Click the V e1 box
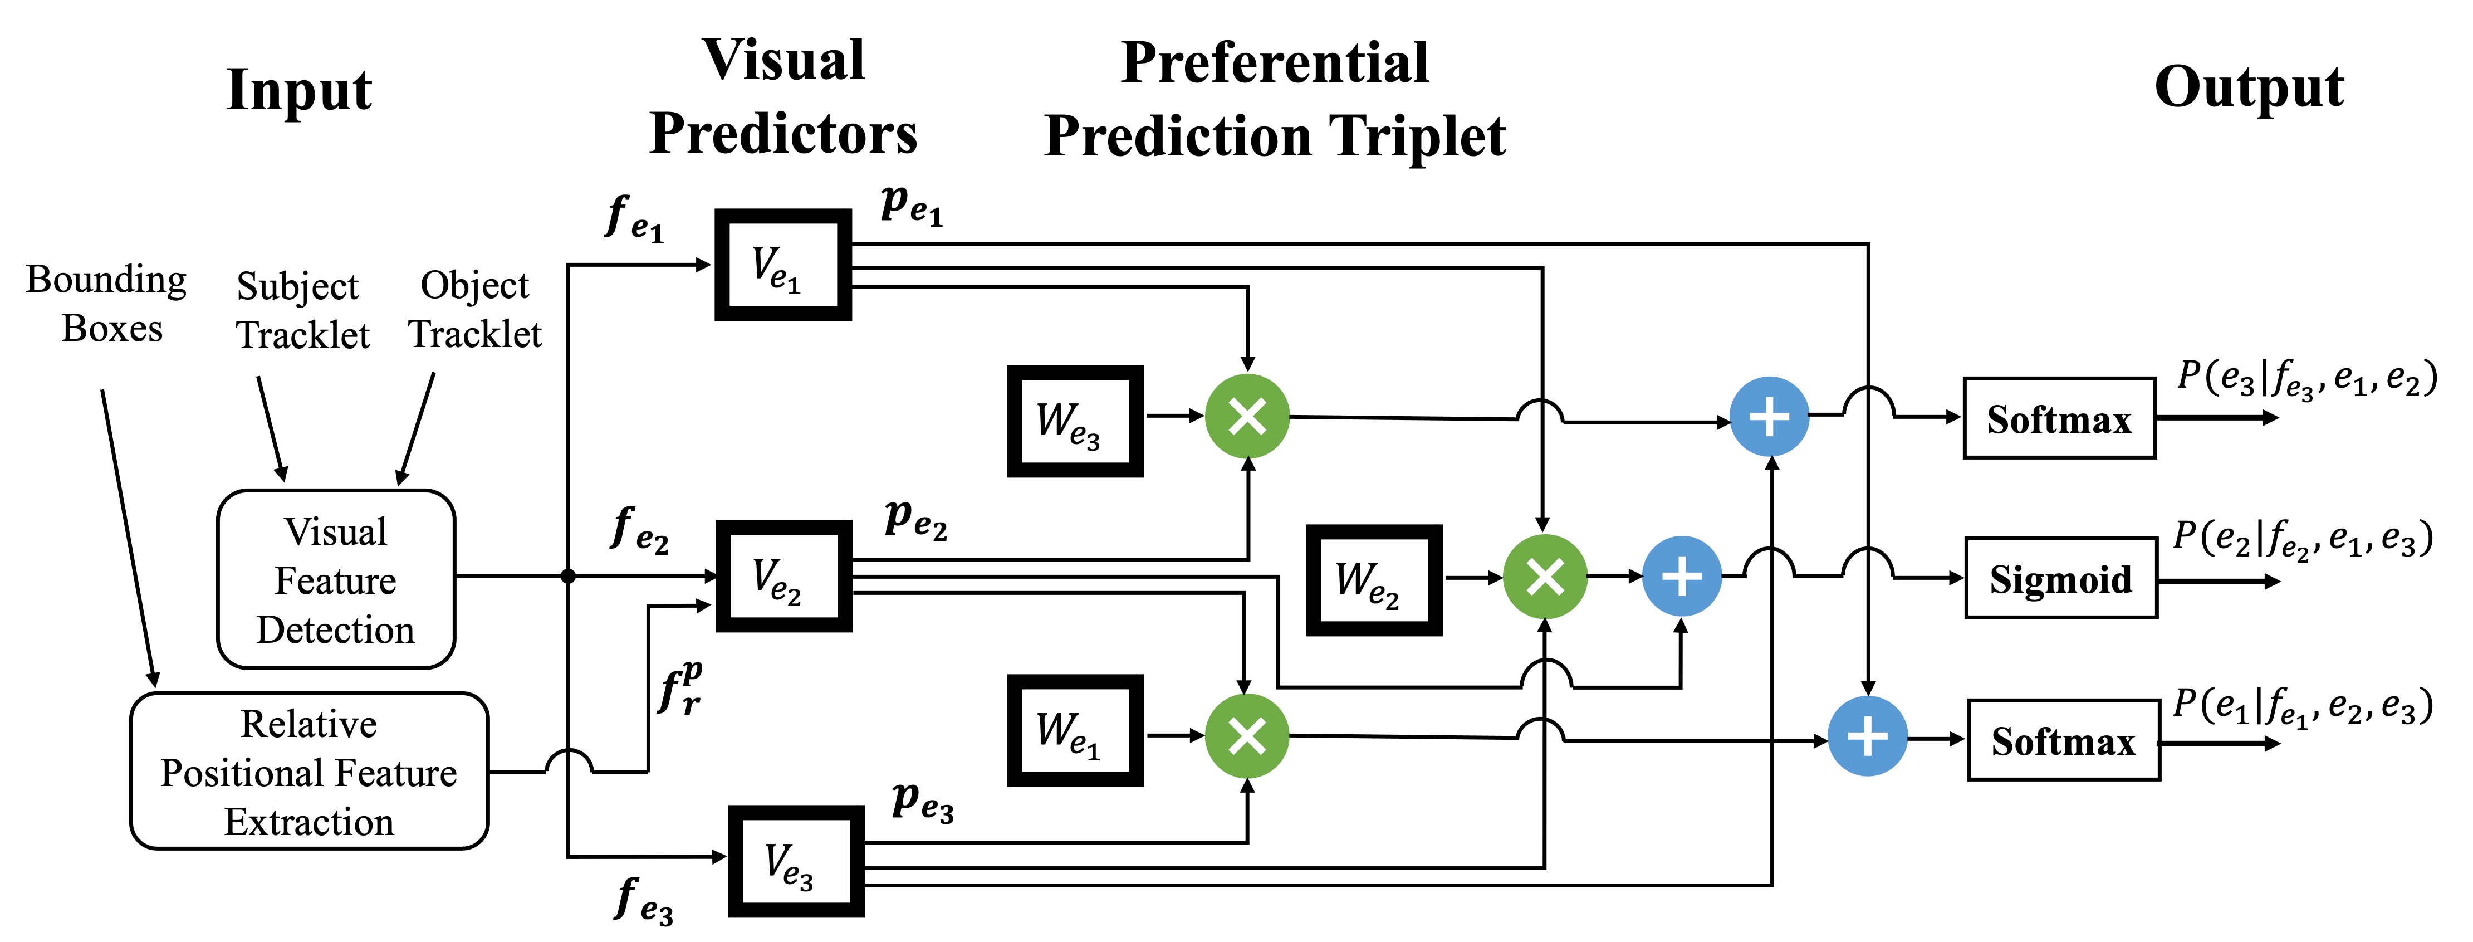[x=782, y=265]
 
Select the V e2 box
[x=783, y=576]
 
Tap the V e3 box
[x=796, y=861]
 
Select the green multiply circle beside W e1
[x=1247, y=736]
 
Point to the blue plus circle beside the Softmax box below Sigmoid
[x=1867, y=736]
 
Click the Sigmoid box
[x=2061, y=578]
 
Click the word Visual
[x=335, y=532]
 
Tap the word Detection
[x=335, y=630]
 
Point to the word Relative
[x=308, y=724]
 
